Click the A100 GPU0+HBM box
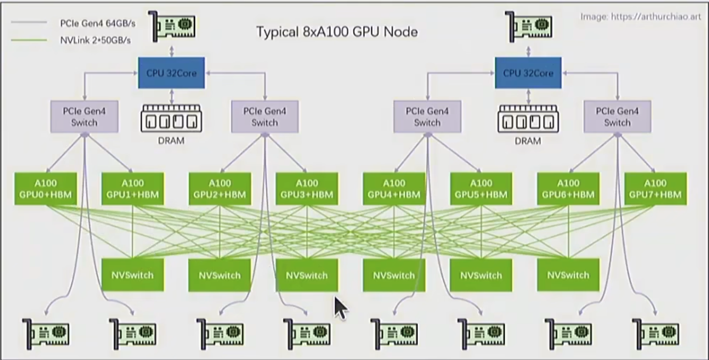tap(45, 189)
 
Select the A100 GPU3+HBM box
tap(307, 189)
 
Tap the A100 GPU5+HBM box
tap(481, 189)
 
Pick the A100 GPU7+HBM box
tap(655, 189)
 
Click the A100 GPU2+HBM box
tap(220, 189)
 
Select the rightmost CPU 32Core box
tap(527, 73)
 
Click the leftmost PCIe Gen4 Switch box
tap(84, 116)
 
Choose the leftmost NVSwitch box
tap(132, 275)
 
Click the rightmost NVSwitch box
tap(568, 275)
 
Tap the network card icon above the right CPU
tap(530, 24)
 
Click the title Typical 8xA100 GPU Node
tap(337, 32)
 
